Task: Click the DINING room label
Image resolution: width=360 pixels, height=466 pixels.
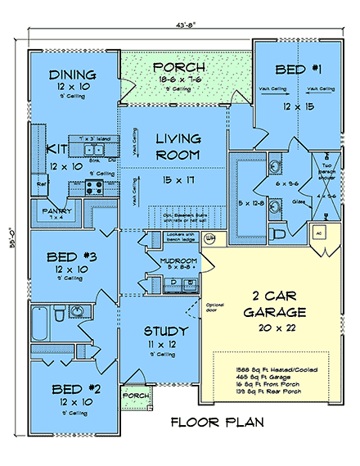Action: point(72,75)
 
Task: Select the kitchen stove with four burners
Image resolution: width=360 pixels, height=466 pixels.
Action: point(92,187)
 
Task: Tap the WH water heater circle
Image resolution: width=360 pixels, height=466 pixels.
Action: point(209,239)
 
